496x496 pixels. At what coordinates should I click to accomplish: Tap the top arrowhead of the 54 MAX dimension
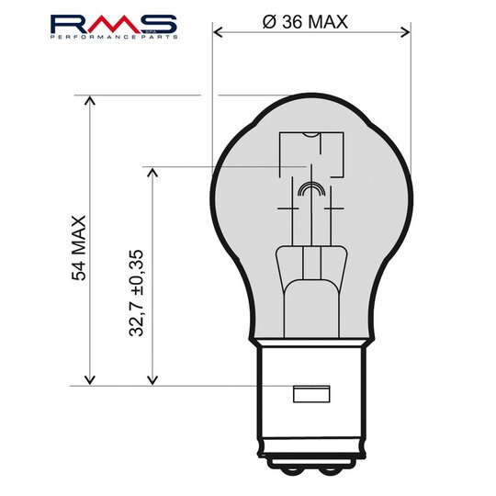point(90,100)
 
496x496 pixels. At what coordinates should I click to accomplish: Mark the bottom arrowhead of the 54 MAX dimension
point(90,379)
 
